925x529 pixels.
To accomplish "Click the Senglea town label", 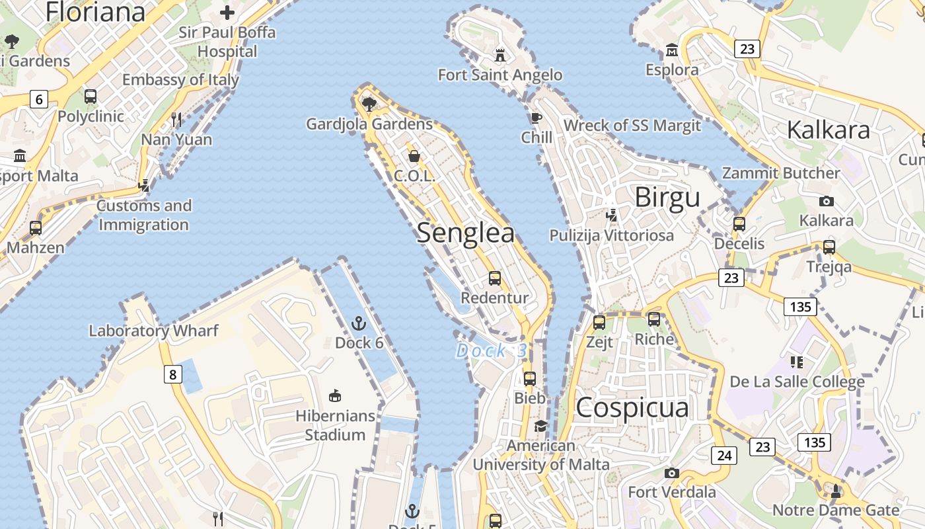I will click(x=465, y=233).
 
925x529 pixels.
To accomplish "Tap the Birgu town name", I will click(x=667, y=197).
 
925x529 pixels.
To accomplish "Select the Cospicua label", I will click(x=632, y=407).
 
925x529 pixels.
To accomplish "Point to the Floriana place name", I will click(x=95, y=12).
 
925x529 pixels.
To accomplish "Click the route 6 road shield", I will click(x=39, y=100).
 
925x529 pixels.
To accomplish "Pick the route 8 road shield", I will click(x=172, y=375).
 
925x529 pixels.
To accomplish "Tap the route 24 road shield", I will click(x=724, y=455).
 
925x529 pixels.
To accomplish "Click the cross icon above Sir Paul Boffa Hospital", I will click(x=227, y=13).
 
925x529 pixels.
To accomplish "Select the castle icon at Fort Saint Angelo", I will click(x=500, y=54).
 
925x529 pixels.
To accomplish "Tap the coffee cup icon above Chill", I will click(x=536, y=118).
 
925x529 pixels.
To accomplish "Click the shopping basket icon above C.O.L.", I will click(x=414, y=156).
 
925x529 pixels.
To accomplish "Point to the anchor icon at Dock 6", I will click(x=359, y=323).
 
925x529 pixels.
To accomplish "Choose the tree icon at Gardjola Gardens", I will click(x=369, y=104).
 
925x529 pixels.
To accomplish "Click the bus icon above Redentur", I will click(x=495, y=278).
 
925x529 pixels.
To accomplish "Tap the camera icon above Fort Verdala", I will click(x=672, y=473).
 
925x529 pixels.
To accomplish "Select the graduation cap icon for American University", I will click(x=541, y=426).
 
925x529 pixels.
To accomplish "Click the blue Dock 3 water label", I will click(x=491, y=350).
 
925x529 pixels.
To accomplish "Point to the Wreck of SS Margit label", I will click(x=632, y=126).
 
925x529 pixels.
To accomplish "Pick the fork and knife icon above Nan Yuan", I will click(x=176, y=120).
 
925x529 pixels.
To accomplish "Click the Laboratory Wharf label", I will click(x=153, y=331).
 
